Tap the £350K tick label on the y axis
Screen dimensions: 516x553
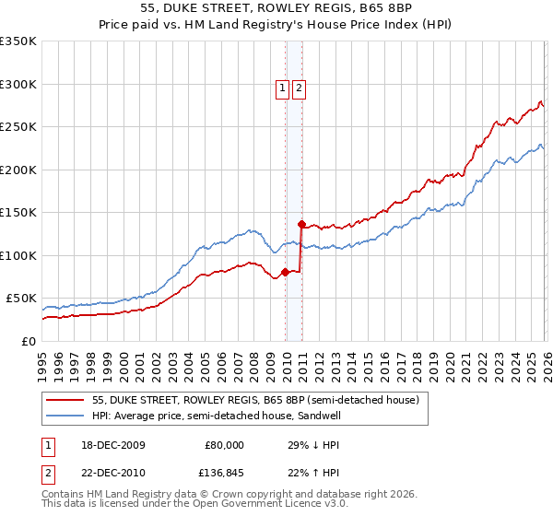tap(18, 41)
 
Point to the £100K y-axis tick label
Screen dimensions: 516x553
tap(18, 255)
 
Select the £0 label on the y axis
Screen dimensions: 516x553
tap(28, 341)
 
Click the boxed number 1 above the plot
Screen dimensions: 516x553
tap(282, 89)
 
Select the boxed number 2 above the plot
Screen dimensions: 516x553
tap(300, 89)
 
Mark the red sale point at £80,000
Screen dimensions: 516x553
tap(285, 272)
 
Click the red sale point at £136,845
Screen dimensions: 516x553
tap(301, 223)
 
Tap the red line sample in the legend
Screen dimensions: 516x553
tap(66, 400)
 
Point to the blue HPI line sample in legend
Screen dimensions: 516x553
tap(66, 416)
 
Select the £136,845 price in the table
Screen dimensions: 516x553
tap(218, 473)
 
